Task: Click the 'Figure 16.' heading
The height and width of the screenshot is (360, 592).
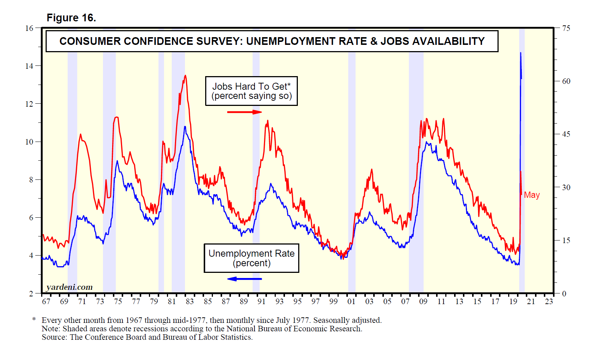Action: point(71,18)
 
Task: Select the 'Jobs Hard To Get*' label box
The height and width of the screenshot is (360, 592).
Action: point(251,91)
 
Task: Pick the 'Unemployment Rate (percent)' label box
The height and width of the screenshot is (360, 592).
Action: point(252,258)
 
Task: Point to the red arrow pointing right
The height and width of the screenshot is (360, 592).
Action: point(244,112)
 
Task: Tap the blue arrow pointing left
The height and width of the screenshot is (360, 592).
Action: point(244,279)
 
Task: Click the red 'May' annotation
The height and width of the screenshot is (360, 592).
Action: point(532,195)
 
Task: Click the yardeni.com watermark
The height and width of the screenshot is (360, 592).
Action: point(69,287)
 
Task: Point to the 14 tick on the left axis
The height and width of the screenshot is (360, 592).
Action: point(29,66)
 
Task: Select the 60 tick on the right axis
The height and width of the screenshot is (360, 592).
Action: point(566,81)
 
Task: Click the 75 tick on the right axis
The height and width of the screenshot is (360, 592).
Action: point(566,28)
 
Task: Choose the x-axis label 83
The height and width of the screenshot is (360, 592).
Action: point(189,302)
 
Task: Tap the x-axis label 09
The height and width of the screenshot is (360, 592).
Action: point(423,302)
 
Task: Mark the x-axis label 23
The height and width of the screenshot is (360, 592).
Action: point(549,302)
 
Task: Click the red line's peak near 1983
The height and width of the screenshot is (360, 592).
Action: point(185,75)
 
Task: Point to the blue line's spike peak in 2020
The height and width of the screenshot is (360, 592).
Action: point(520,53)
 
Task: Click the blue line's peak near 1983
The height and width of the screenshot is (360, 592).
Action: point(185,127)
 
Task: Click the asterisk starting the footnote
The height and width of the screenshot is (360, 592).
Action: point(34,320)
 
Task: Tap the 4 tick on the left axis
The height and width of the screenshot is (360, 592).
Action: point(31,256)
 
